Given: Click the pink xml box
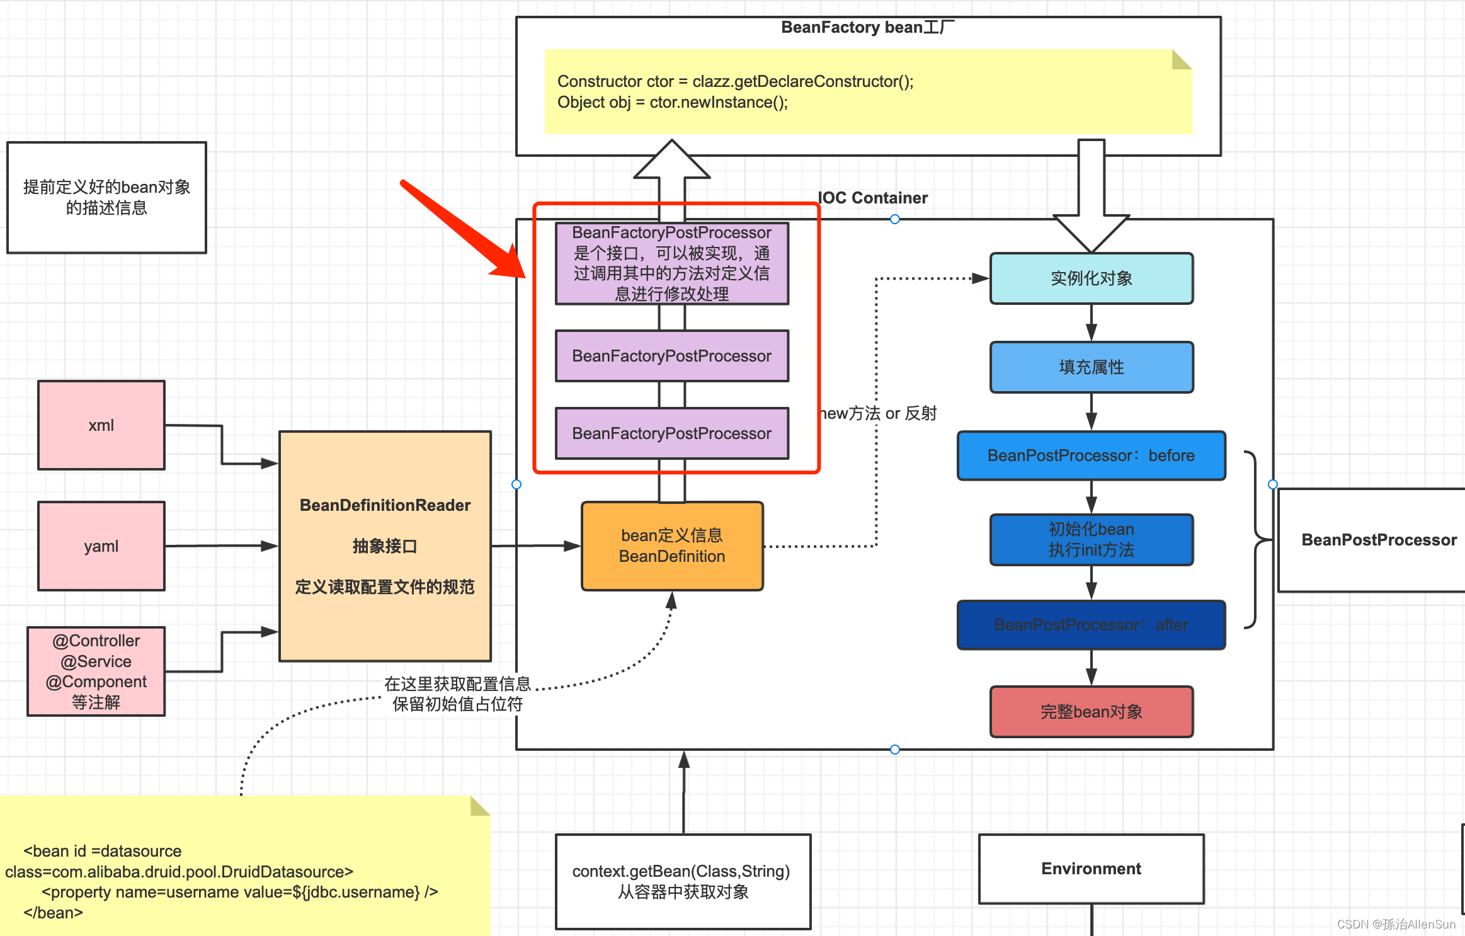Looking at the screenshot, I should tap(101, 425).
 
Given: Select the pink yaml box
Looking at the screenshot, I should tap(101, 546).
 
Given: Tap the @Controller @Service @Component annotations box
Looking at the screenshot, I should tap(96, 671).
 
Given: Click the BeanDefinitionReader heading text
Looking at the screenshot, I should tap(385, 505).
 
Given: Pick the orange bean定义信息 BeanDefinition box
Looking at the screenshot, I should tap(672, 546).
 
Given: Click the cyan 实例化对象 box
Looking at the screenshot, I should tap(1091, 278).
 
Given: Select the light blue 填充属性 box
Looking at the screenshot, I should tap(1091, 367).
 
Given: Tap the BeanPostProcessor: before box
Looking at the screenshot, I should tap(1091, 455).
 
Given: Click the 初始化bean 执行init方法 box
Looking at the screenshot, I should tap(1091, 540).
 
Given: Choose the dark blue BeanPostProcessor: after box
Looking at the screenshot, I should tap(1091, 625).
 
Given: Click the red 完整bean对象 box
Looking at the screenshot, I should tap(1091, 712).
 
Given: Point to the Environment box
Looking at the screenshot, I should tap(1091, 869).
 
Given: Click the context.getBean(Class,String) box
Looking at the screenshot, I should tap(683, 881).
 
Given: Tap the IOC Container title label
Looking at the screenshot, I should tap(872, 198).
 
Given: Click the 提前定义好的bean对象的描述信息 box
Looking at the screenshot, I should tap(106, 197).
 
